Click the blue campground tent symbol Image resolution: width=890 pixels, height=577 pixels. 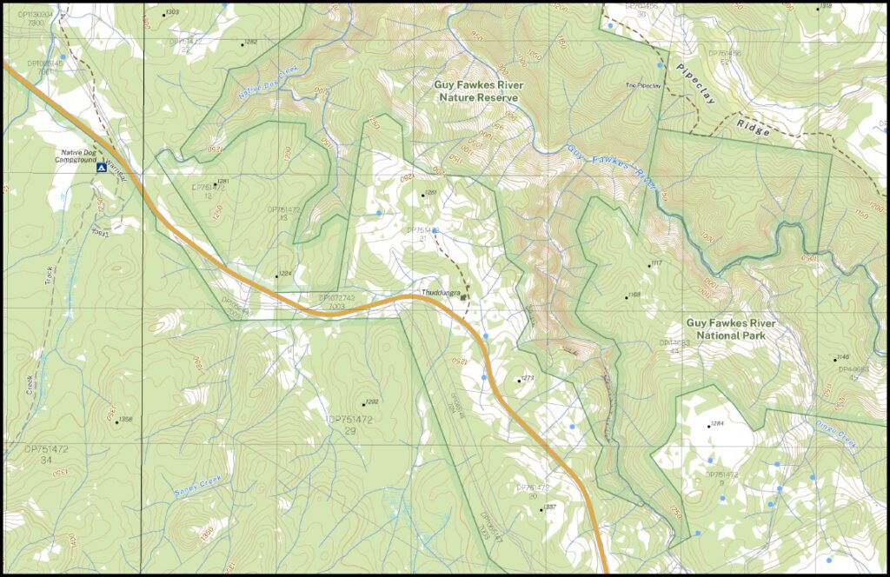[102, 167]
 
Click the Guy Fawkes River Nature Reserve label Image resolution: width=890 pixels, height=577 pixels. [476, 91]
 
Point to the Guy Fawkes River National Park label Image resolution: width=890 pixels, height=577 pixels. [730, 328]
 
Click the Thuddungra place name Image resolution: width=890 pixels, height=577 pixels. [440, 293]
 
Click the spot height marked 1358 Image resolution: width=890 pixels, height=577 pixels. [125, 420]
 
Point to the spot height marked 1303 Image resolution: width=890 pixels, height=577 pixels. [171, 12]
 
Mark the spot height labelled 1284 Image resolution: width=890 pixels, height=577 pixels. [716, 424]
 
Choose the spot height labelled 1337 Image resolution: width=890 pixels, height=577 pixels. [548, 507]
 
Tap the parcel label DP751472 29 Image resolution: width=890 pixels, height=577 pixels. [350, 424]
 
